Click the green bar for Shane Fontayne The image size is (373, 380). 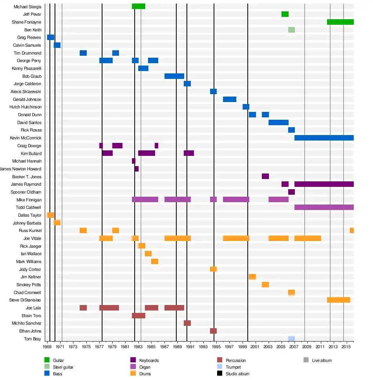(x=340, y=22)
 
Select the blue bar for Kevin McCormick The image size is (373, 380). (x=324, y=138)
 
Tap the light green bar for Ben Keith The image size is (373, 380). (x=291, y=30)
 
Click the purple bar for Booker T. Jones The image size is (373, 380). (x=265, y=176)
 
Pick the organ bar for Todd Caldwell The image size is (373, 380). (x=324, y=207)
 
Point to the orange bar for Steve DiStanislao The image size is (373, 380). (x=338, y=300)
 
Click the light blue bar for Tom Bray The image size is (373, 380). (x=291, y=339)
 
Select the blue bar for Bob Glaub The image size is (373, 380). (x=174, y=76)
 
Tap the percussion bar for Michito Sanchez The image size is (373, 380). (x=187, y=323)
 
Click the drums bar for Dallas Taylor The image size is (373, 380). (x=50, y=215)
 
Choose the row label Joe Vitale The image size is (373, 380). (x=32, y=238)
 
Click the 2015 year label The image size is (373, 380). (x=346, y=347)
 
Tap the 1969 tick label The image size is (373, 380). (x=47, y=347)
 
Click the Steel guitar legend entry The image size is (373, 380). (x=63, y=367)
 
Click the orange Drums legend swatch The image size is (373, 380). (x=133, y=374)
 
